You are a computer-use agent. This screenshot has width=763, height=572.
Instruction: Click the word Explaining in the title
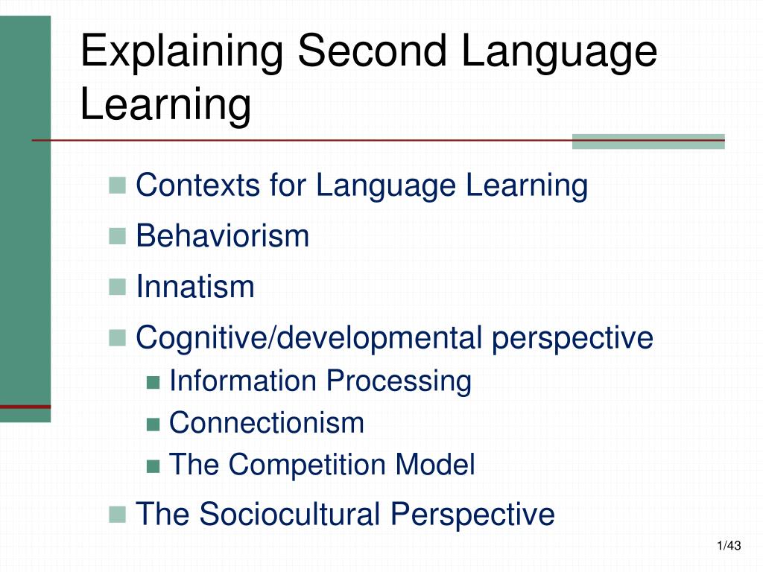coord(181,52)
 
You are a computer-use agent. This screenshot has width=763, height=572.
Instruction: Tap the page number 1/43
coord(729,547)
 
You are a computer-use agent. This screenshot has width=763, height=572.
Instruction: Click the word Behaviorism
coord(223,236)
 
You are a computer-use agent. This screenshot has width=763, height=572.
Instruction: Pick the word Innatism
coord(195,287)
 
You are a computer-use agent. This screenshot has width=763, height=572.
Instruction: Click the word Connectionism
coord(267,423)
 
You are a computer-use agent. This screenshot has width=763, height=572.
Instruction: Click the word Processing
coord(398,381)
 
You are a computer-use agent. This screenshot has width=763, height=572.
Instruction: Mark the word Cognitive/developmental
coord(309,338)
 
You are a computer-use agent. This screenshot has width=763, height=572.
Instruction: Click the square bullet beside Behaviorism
coord(116,236)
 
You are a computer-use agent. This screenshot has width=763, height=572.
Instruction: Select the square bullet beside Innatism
coord(116,287)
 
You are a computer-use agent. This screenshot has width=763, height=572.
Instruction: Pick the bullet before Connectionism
coord(153,425)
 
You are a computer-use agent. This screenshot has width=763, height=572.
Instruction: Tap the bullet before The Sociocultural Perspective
coord(116,513)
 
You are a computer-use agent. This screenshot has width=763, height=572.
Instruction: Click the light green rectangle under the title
coord(648,142)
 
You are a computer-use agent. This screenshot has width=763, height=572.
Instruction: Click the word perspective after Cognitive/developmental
coord(572,338)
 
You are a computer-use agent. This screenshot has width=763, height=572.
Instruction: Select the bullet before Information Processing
coord(153,382)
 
